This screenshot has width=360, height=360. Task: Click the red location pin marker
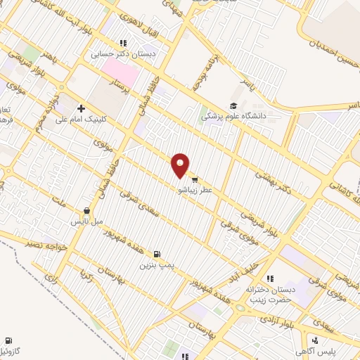(x=181, y=165)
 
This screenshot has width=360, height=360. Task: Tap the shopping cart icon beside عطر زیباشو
(x=194, y=179)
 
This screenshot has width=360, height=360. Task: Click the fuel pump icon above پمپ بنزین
(x=156, y=254)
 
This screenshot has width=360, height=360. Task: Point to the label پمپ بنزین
(x=156, y=265)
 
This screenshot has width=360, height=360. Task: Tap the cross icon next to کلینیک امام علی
(x=82, y=108)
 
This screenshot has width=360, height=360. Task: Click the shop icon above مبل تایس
(x=86, y=210)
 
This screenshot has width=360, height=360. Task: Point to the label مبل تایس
(x=86, y=221)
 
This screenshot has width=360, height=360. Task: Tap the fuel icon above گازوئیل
(x=8, y=340)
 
